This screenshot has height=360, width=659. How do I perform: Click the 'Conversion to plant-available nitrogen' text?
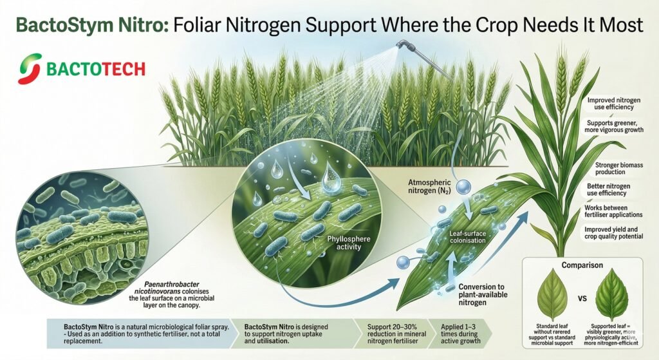tap(485, 294)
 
